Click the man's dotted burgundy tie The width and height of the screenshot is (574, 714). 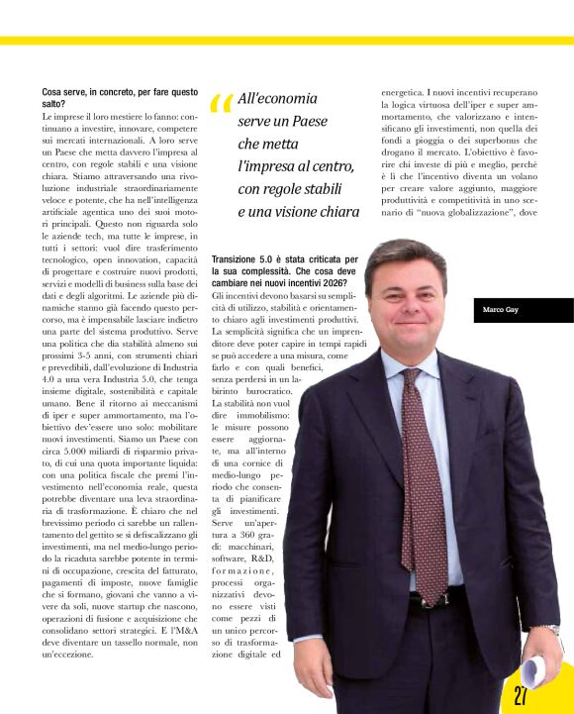(426, 475)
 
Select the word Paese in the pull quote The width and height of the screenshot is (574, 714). (308, 120)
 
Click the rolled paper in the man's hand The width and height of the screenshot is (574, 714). (541, 666)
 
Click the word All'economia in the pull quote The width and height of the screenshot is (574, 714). (278, 99)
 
